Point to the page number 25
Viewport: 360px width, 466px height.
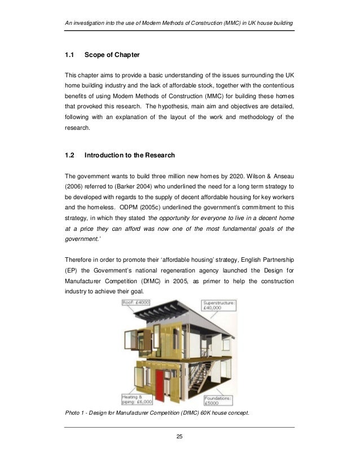179,437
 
